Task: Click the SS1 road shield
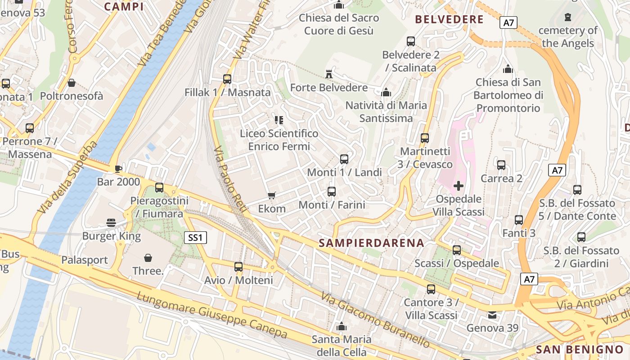[x=195, y=238]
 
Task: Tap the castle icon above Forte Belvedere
[x=329, y=74]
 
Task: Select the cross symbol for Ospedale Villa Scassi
[x=459, y=185]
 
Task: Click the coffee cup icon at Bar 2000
[x=118, y=169]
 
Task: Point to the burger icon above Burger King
[x=111, y=222]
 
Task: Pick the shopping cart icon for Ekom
[x=271, y=195]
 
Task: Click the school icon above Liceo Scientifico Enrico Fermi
[x=279, y=120]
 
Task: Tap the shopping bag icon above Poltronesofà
[x=72, y=83]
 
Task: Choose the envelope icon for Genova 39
[x=493, y=315]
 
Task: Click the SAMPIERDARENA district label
[x=371, y=243]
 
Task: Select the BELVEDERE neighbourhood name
[x=449, y=20]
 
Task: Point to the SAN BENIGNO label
[x=580, y=350]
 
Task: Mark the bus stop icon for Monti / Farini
[x=332, y=192]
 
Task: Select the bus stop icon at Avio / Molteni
[x=238, y=267]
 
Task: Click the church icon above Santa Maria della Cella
[x=342, y=326]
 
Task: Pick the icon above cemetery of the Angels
[x=567, y=18]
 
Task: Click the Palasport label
[x=85, y=260]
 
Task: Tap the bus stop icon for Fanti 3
[x=519, y=220]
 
